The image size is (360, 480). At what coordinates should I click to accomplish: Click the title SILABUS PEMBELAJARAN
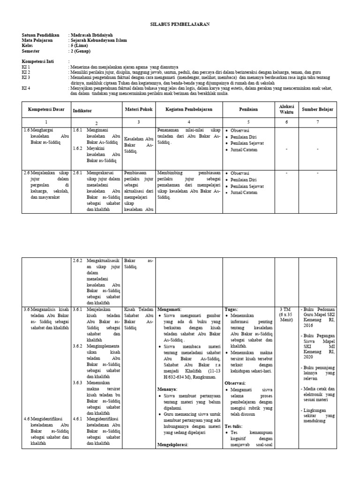180,24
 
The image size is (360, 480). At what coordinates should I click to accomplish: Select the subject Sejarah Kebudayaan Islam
98,40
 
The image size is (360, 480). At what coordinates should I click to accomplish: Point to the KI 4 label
26,88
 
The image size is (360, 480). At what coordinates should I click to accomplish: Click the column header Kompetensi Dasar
45,109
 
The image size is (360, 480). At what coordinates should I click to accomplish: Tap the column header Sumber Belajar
317,109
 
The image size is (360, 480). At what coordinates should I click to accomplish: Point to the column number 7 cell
317,121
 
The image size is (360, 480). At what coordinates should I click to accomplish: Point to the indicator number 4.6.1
77,420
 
